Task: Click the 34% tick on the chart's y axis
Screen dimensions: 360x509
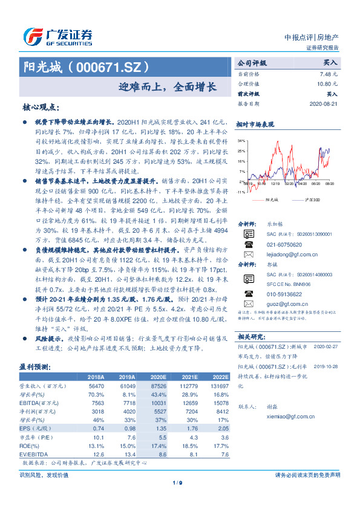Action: click(x=241, y=140)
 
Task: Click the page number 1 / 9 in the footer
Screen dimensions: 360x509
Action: click(x=177, y=482)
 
